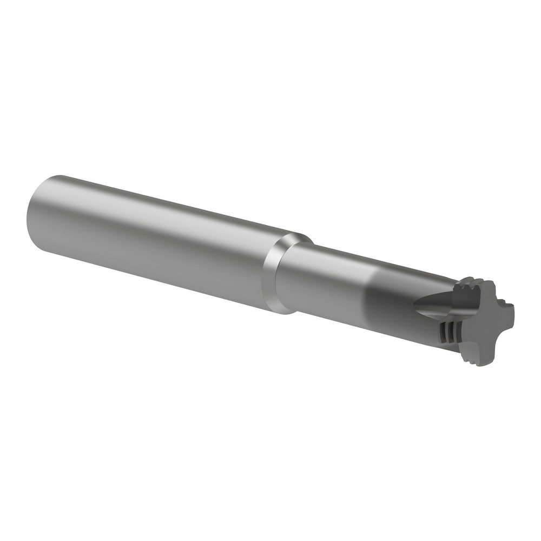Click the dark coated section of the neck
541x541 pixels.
(395, 300)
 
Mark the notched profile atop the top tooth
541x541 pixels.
(471, 281)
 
